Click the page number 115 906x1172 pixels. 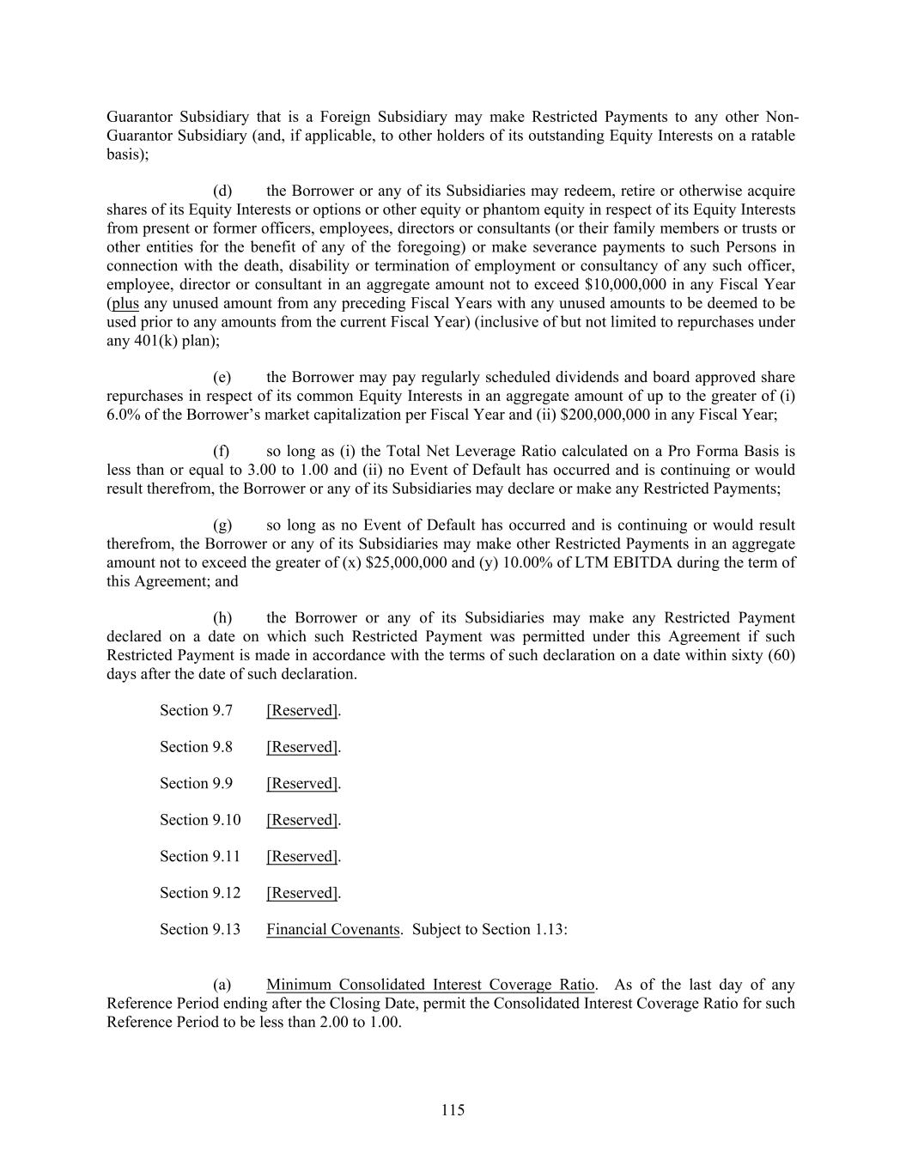pyautogui.click(x=453, y=1110)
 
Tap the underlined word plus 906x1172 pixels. pyautogui.click(x=125, y=304)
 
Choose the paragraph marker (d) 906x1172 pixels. pyautogui.click(x=222, y=191)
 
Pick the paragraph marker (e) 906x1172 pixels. pyautogui.click(x=222, y=378)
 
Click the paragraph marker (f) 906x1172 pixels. pyautogui.click(x=222, y=452)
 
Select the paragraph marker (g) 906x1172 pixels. pyautogui.click(x=222, y=525)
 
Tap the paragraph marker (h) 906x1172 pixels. pyautogui.click(x=222, y=618)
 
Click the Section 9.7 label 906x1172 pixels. pyautogui.click(x=196, y=711)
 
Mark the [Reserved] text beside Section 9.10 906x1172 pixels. pyautogui.click(x=302, y=820)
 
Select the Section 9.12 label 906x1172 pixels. pyautogui.click(x=200, y=893)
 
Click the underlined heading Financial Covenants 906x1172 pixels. pyautogui.click(x=333, y=930)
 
